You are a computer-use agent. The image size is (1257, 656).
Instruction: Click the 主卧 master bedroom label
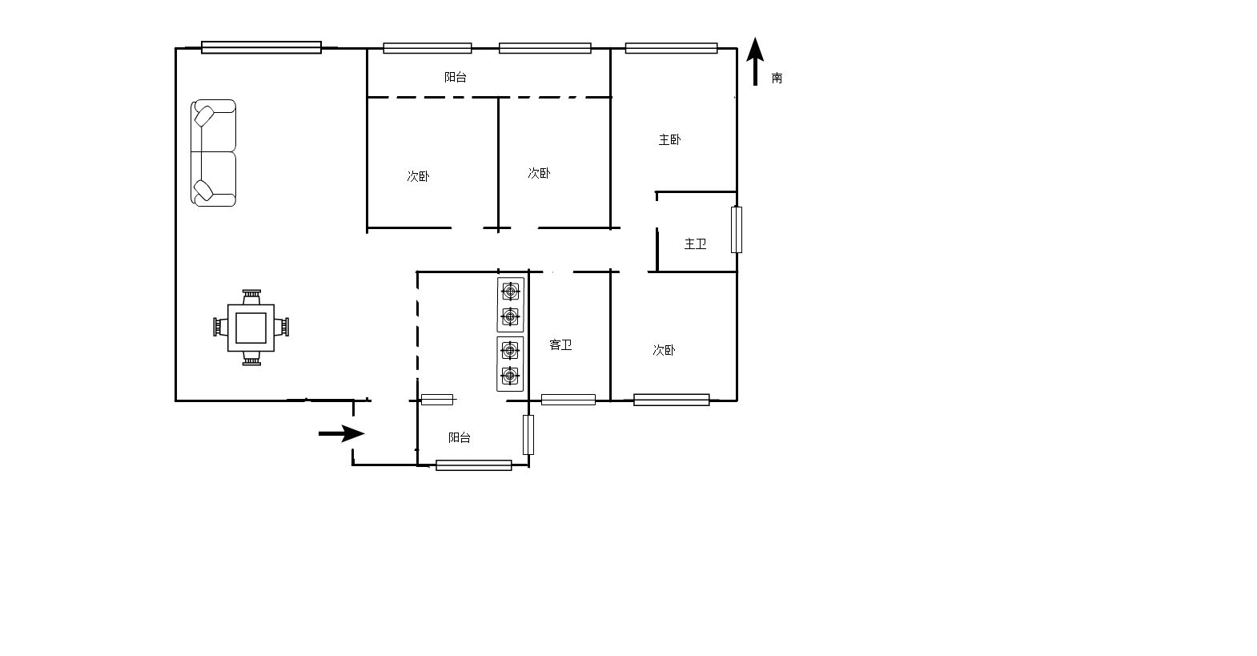click(x=669, y=139)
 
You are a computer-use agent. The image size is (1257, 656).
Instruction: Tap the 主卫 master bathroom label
click(x=695, y=243)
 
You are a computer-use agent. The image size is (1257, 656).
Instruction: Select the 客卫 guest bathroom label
click(x=560, y=344)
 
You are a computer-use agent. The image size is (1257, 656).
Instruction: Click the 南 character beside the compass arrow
click(x=777, y=78)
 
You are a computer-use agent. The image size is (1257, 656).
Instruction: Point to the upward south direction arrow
click(x=755, y=61)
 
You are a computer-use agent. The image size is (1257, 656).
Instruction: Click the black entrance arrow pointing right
click(x=342, y=433)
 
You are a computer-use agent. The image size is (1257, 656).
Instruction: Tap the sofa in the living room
click(x=213, y=153)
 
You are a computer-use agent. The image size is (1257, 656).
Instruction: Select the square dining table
click(x=251, y=328)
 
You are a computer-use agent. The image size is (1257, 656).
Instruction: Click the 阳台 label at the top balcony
click(x=455, y=78)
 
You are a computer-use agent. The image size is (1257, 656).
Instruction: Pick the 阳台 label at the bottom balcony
click(x=459, y=437)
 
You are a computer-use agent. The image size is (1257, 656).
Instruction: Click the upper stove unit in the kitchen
click(x=510, y=304)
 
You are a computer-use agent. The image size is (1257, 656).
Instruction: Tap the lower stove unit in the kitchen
click(x=510, y=364)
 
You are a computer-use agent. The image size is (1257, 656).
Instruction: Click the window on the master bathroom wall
click(x=737, y=230)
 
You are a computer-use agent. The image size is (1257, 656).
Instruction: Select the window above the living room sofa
click(x=262, y=47)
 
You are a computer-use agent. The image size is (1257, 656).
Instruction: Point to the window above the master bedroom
click(x=671, y=48)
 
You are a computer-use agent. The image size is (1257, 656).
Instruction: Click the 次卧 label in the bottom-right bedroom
click(x=664, y=350)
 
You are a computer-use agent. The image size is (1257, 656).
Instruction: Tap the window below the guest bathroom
click(x=568, y=400)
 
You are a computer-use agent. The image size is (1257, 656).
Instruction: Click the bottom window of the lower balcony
click(x=474, y=465)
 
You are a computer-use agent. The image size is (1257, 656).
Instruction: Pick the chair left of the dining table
click(x=220, y=327)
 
